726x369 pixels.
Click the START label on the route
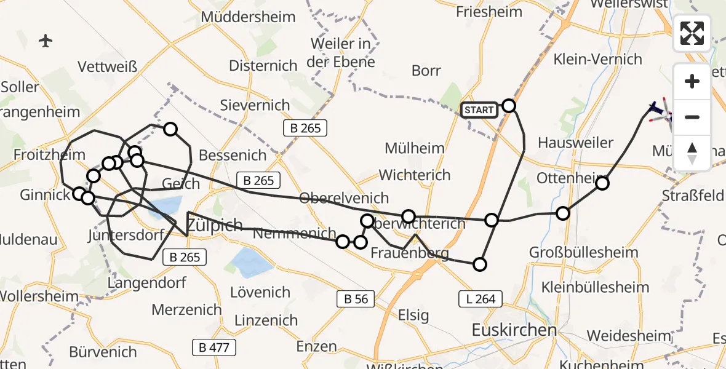point(479,110)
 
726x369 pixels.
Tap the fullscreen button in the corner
point(692,33)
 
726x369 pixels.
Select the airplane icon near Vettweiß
point(46,41)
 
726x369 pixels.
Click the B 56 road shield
point(356,300)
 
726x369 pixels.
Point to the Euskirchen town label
point(514,330)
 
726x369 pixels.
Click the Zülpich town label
point(214,225)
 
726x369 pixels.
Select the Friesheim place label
point(489,12)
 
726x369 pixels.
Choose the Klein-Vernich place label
point(597,60)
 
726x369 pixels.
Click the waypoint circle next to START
point(509,106)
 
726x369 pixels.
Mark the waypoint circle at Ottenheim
point(602,183)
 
